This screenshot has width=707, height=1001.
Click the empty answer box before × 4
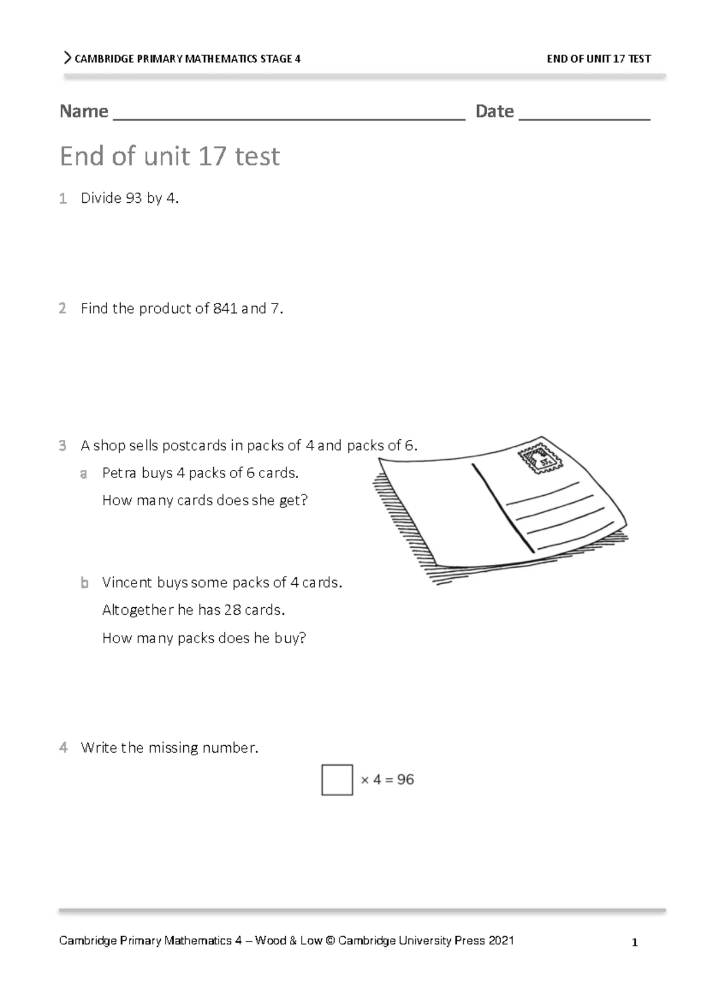337,780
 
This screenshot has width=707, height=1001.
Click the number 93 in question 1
134,199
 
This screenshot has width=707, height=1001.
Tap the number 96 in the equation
405,780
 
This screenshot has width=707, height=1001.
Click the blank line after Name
289,115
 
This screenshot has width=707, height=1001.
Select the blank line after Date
584,115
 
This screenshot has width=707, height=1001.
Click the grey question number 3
62,446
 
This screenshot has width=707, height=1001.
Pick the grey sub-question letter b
84,584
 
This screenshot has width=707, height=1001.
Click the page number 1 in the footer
635,943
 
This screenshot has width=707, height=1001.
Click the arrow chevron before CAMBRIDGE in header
67,58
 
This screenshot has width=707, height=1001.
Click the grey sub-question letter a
84,474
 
